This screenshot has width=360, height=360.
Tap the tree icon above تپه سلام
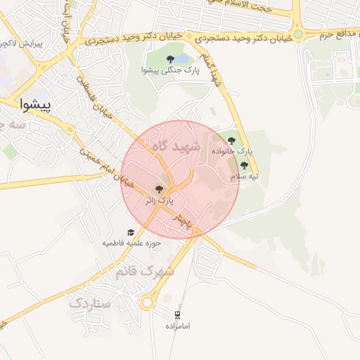[x=244, y=166]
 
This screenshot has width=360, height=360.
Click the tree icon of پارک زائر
[x=158, y=190]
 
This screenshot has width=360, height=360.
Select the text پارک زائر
[x=158, y=201]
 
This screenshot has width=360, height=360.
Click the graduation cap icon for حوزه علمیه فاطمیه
[x=130, y=233]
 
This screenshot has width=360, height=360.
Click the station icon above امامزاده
[x=177, y=315]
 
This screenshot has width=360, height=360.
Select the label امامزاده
[x=178, y=326]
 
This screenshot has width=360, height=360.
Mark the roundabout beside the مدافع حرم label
[x=298, y=33]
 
